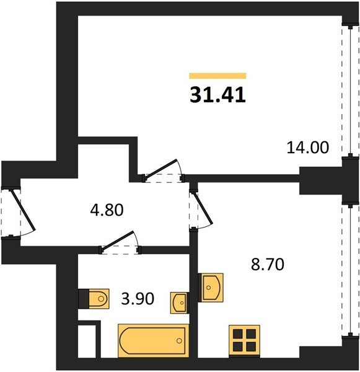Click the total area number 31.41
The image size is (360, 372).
217,95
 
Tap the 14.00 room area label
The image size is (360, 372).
308,148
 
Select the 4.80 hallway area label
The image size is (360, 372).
107,210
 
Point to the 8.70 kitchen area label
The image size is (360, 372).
268,265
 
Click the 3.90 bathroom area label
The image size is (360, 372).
138,298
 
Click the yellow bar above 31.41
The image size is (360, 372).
217,76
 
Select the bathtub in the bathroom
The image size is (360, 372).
154,340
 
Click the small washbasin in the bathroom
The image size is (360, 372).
180,303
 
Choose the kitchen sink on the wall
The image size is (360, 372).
211,288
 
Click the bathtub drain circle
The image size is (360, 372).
179,340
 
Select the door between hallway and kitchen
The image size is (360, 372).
202,209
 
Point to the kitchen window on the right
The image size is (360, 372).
350,270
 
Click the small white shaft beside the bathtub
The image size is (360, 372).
87,341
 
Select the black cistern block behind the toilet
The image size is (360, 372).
84,299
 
